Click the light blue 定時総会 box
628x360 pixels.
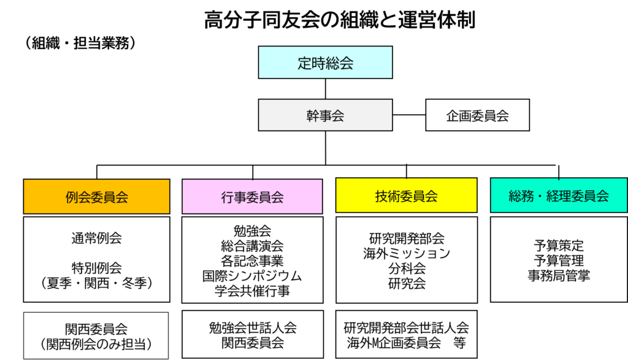(x=325, y=63)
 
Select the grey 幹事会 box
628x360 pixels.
(x=325, y=115)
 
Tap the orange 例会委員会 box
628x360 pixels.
(x=96, y=196)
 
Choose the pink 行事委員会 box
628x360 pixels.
(x=252, y=196)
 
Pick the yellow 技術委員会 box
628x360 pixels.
(x=406, y=195)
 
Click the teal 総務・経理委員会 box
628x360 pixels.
(x=559, y=195)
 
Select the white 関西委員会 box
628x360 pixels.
(x=96, y=335)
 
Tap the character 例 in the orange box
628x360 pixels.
(x=72, y=197)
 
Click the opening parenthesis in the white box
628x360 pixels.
(x=44, y=345)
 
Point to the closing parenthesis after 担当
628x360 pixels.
(x=148, y=345)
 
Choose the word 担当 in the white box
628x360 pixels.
(x=132, y=345)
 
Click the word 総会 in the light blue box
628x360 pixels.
(x=339, y=63)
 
